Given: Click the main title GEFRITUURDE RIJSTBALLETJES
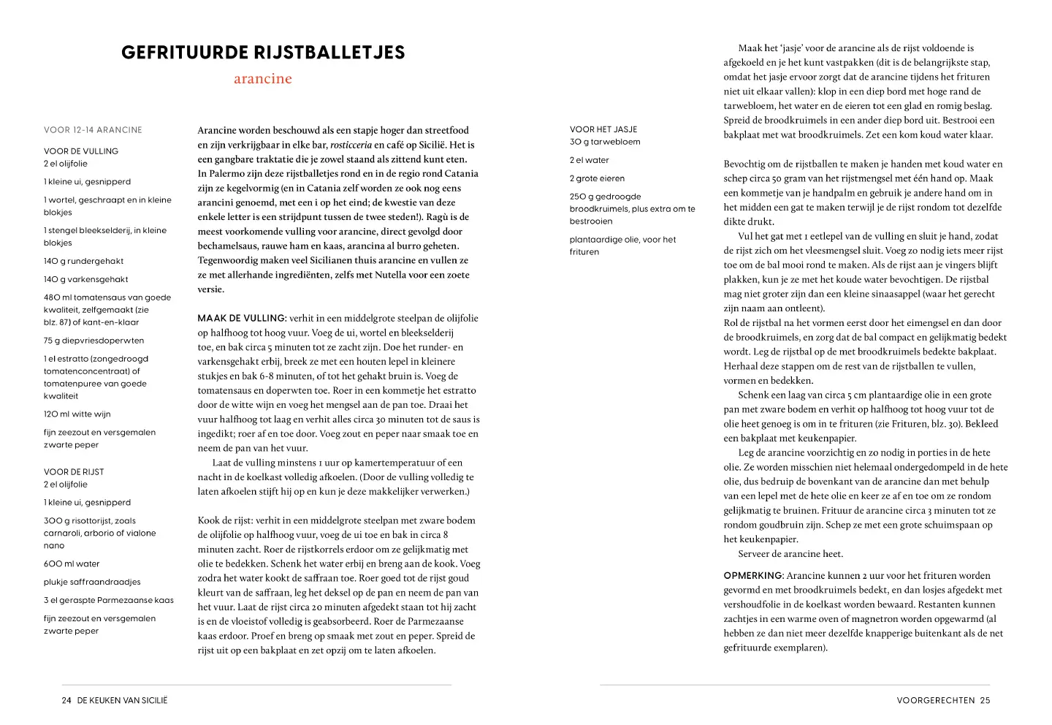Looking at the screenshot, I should point(263,52).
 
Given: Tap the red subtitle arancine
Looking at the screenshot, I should point(263,79).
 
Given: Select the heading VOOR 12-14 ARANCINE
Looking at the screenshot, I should point(93,130).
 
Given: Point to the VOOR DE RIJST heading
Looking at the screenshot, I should point(74,472).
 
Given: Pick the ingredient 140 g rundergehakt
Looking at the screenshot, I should point(83,261).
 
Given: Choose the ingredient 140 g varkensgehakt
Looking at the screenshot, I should point(85,279).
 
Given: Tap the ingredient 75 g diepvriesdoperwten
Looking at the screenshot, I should point(94,341).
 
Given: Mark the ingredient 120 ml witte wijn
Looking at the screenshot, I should point(77,414).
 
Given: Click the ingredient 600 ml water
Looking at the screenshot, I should point(72,564).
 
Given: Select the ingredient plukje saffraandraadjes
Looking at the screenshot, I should point(92,582).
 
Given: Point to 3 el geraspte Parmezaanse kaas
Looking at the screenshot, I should point(108,601).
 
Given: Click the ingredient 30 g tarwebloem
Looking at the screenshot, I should point(605,142).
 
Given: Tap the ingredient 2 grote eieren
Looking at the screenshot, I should point(597,178).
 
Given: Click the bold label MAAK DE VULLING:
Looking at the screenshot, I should point(242,319).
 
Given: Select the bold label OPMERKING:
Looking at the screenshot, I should point(753,576).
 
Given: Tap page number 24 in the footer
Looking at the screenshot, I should point(66,700).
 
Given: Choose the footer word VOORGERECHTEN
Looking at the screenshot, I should point(935,700).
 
